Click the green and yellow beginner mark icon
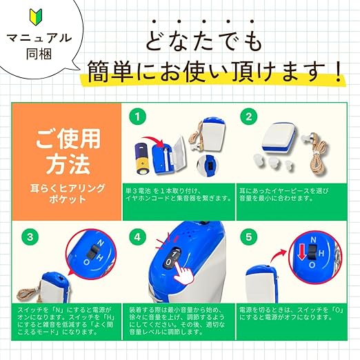click(x=36, y=17)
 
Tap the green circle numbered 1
click(x=137, y=117)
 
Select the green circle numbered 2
click(x=249, y=117)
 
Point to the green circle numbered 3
click(x=30, y=237)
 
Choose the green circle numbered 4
click(x=137, y=237)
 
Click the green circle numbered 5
click(x=249, y=237)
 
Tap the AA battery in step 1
click(x=143, y=159)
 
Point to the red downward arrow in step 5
click(x=302, y=252)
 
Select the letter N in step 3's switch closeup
click(x=101, y=243)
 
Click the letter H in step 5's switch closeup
click(x=321, y=253)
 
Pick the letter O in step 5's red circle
click(x=312, y=265)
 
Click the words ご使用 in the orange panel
click(x=68, y=139)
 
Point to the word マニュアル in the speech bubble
click(x=39, y=38)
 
